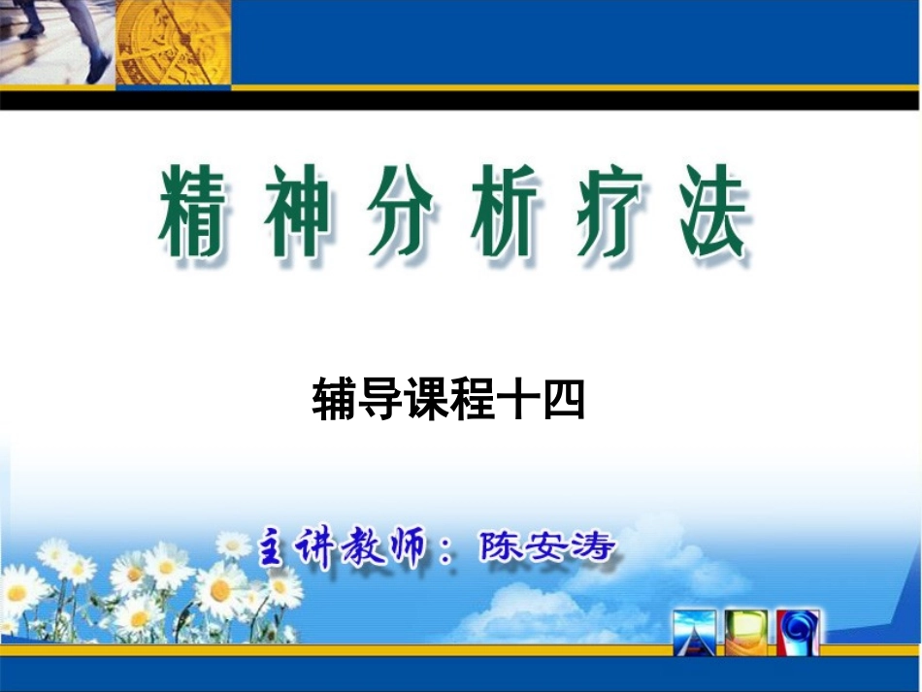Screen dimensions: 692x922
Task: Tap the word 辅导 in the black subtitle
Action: (357, 400)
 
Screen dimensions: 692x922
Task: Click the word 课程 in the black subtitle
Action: (448, 400)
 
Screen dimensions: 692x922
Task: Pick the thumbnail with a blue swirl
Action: (798, 632)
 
